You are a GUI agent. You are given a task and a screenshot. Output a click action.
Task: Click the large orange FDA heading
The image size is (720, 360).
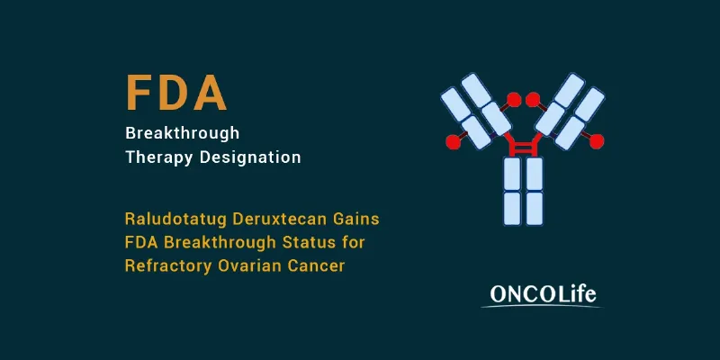pos(176,93)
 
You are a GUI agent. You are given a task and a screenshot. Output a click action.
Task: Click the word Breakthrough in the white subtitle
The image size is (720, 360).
pos(183,133)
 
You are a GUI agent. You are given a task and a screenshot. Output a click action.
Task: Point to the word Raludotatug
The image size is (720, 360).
pos(175,220)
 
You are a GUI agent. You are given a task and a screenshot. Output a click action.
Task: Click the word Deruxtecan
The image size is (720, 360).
pos(283,219)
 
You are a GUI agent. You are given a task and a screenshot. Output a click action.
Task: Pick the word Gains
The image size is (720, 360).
pos(359,219)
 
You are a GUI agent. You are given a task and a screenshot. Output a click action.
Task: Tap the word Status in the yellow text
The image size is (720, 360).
pos(310,242)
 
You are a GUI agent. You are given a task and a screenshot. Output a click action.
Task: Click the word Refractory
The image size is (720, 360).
pos(168,266)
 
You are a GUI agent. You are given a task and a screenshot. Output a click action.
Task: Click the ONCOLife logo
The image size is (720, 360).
pos(543,296)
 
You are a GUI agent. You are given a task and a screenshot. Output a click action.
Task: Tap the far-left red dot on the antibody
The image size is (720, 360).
pos(454,142)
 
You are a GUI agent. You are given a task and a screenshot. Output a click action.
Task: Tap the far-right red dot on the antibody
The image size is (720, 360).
pos(597,142)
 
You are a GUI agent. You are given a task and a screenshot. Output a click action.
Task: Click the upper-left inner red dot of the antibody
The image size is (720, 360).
pos(514,100)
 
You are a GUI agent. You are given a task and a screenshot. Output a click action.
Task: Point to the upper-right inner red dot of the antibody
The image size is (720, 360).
pos(533,100)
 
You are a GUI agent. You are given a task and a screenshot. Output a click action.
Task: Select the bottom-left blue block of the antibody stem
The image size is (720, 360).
pos(512,209)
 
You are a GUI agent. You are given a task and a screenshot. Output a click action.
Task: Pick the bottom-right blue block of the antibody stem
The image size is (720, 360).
pos(535,209)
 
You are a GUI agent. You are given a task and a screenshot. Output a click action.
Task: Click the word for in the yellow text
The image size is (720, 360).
pos(354,242)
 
